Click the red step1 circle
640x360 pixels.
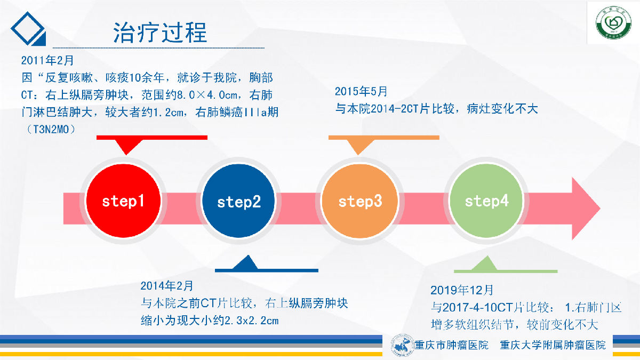[x=123, y=201]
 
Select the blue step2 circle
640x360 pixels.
[x=238, y=201]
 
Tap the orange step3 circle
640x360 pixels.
[x=359, y=201]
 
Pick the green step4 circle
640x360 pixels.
[x=486, y=201]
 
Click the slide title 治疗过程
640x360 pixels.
[x=160, y=33]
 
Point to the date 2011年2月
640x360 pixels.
[x=47, y=60]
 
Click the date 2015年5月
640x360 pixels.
[x=361, y=91]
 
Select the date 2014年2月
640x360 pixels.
[x=167, y=286]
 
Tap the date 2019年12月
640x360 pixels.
[x=462, y=290]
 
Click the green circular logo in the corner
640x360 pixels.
[x=613, y=23]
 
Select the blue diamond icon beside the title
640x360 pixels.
[x=28, y=29]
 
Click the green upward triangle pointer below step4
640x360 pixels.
[x=485, y=263]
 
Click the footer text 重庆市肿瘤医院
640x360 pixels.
[x=451, y=345]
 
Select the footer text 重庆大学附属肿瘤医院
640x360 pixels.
[x=553, y=345]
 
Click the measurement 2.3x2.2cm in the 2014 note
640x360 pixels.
[x=252, y=321]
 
